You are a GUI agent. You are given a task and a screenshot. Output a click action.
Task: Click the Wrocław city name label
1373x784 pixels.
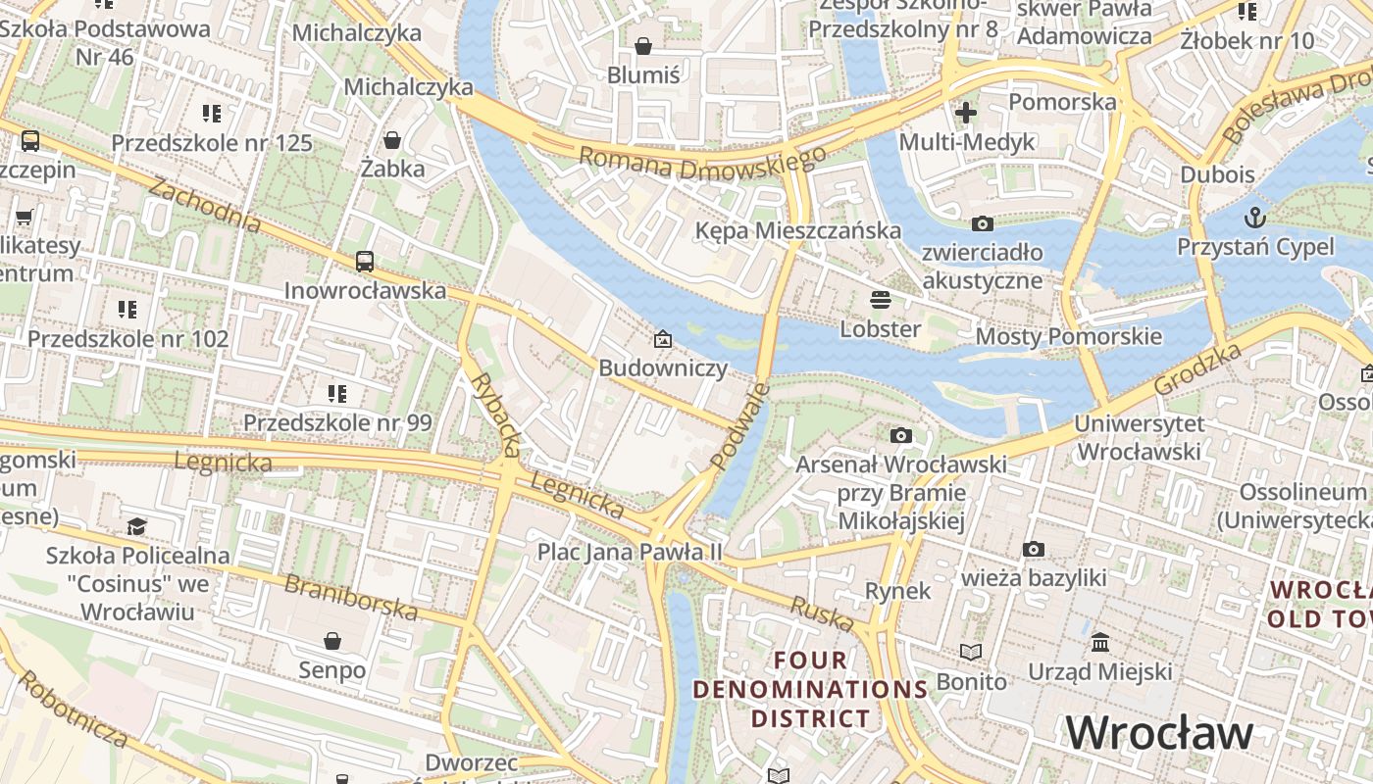(x=1159, y=733)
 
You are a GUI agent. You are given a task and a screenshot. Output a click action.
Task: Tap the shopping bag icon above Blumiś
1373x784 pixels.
(x=643, y=46)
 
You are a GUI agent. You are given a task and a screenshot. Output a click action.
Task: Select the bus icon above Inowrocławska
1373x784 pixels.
(x=365, y=261)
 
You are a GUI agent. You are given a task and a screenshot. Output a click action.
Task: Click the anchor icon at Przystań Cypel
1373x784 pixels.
(x=1254, y=217)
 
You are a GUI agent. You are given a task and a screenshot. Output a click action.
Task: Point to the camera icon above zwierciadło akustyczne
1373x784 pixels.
(x=982, y=224)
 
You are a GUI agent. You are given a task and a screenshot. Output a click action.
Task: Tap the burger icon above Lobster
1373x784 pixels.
(x=881, y=299)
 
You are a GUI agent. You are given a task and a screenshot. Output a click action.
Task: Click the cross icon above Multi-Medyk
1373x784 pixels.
(x=966, y=112)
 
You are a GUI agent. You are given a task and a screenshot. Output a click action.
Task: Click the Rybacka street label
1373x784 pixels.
(x=495, y=414)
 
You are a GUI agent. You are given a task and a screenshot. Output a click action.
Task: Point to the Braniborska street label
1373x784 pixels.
(x=351, y=597)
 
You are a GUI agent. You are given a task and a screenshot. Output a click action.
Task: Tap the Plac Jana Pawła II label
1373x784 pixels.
(x=629, y=552)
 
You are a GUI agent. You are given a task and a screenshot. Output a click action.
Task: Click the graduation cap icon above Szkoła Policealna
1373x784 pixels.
(x=136, y=527)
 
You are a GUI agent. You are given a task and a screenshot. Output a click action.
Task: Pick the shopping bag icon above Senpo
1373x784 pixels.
(x=332, y=641)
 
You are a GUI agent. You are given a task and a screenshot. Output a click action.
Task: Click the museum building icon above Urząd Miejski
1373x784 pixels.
(x=1100, y=643)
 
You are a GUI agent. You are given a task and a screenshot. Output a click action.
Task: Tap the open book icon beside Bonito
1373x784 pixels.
(x=970, y=653)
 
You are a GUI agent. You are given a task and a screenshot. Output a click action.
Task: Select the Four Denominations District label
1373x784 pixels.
(x=810, y=689)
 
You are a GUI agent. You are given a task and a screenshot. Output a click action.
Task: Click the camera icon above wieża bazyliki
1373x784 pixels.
(x=1033, y=549)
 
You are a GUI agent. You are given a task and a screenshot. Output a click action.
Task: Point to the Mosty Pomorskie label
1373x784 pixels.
(x=1068, y=337)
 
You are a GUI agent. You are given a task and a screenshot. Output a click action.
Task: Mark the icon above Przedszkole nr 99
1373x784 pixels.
(x=337, y=394)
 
